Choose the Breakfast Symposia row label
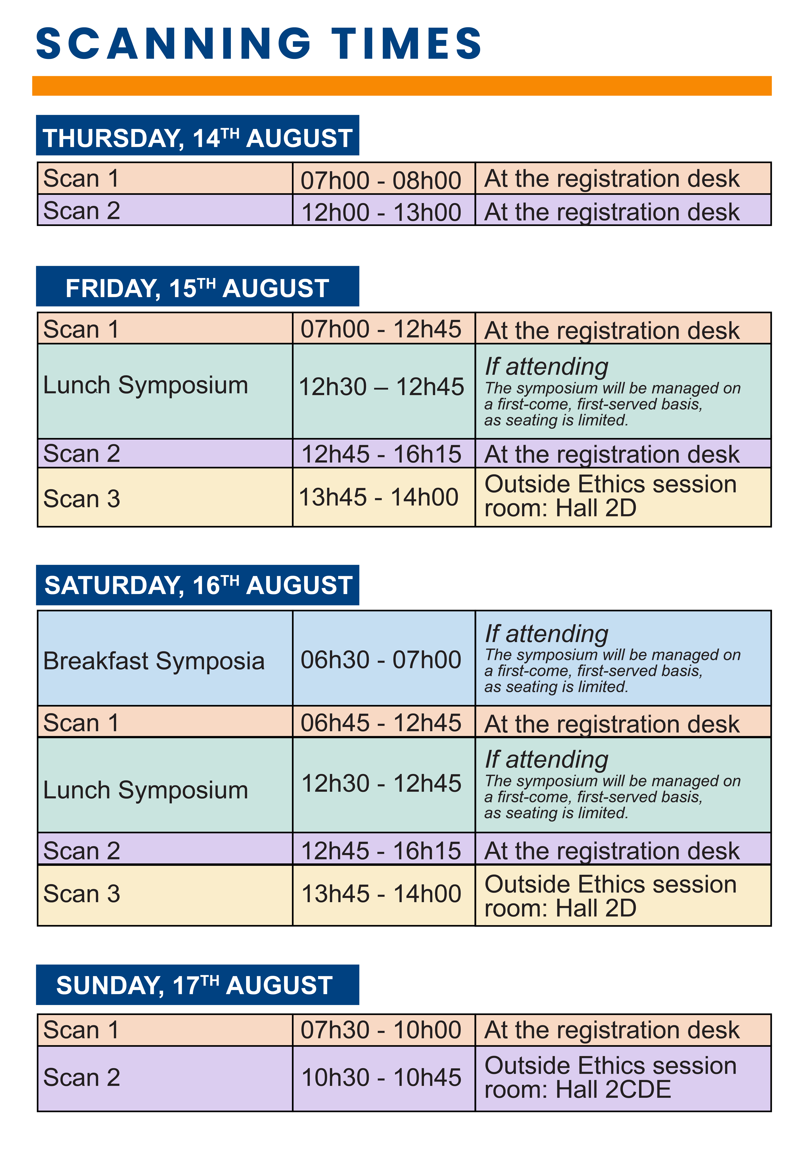[x=154, y=660]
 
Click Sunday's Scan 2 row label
[x=82, y=1077]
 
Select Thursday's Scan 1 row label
[x=82, y=178]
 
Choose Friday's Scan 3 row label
[x=82, y=498]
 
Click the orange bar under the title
[x=402, y=86]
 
